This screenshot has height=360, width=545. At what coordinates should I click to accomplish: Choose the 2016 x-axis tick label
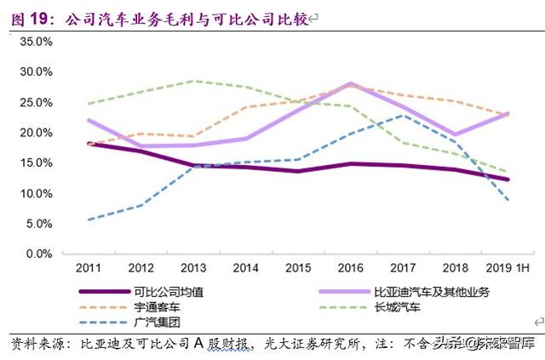(350, 266)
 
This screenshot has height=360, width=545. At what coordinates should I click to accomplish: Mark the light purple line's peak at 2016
(350, 83)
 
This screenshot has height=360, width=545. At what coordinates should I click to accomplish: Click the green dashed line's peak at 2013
(194, 81)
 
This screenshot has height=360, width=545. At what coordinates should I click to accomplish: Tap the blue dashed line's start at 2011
(89, 220)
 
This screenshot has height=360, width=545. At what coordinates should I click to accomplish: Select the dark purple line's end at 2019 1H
(508, 180)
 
